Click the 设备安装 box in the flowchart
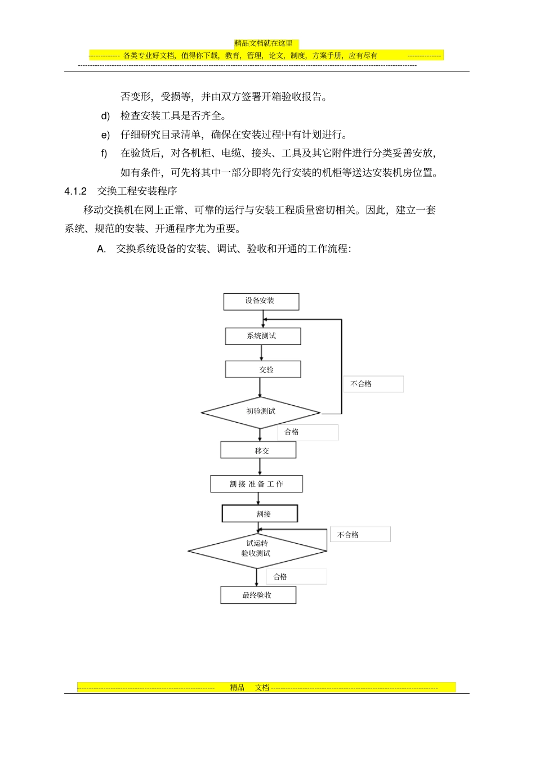pyautogui.click(x=261, y=301)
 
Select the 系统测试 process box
pyautogui.click(x=262, y=336)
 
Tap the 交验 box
pyautogui.click(x=262, y=369)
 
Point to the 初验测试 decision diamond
pyautogui.click(x=261, y=412)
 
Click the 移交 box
pyautogui.click(x=258, y=450)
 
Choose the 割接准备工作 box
pyautogui.click(x=256, y=484)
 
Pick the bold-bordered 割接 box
pyautogui.click(x=260, y=514)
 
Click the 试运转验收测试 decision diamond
pyautogui.click(x=257, y=549)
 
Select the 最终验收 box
pyautogui.click(x=258, y=595)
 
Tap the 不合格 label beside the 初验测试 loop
pyautogui.click(x=362, y=384)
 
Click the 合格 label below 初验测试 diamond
pyautogui.click(x=292, y=432)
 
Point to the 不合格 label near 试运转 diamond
pyautogui.click(x=348, y=535)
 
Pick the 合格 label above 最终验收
pyautogui.click(x=280, y=577)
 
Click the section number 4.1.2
pyautogui.click(x=75, y=191)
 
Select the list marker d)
pyautogui.click(x=105, y=116)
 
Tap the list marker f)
pyautogui.click(x=104, y=154)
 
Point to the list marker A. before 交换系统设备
pyautogui.click(x=101, y=249)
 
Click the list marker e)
pyautogui.click(x=105, y=135)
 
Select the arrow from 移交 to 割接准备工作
pyautogui.click(x=260, y=467)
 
